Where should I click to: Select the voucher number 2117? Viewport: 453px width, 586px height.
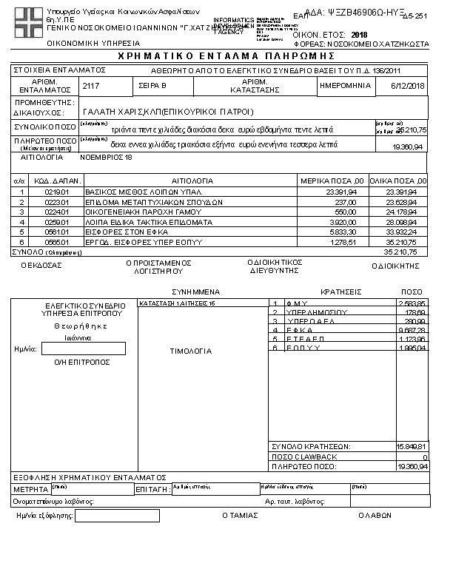91,86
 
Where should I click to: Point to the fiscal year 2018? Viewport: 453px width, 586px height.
360,35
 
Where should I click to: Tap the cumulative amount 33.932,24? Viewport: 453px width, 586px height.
401,232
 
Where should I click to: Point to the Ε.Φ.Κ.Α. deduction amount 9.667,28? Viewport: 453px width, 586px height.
413,330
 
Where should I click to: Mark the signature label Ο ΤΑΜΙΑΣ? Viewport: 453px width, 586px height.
240,516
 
